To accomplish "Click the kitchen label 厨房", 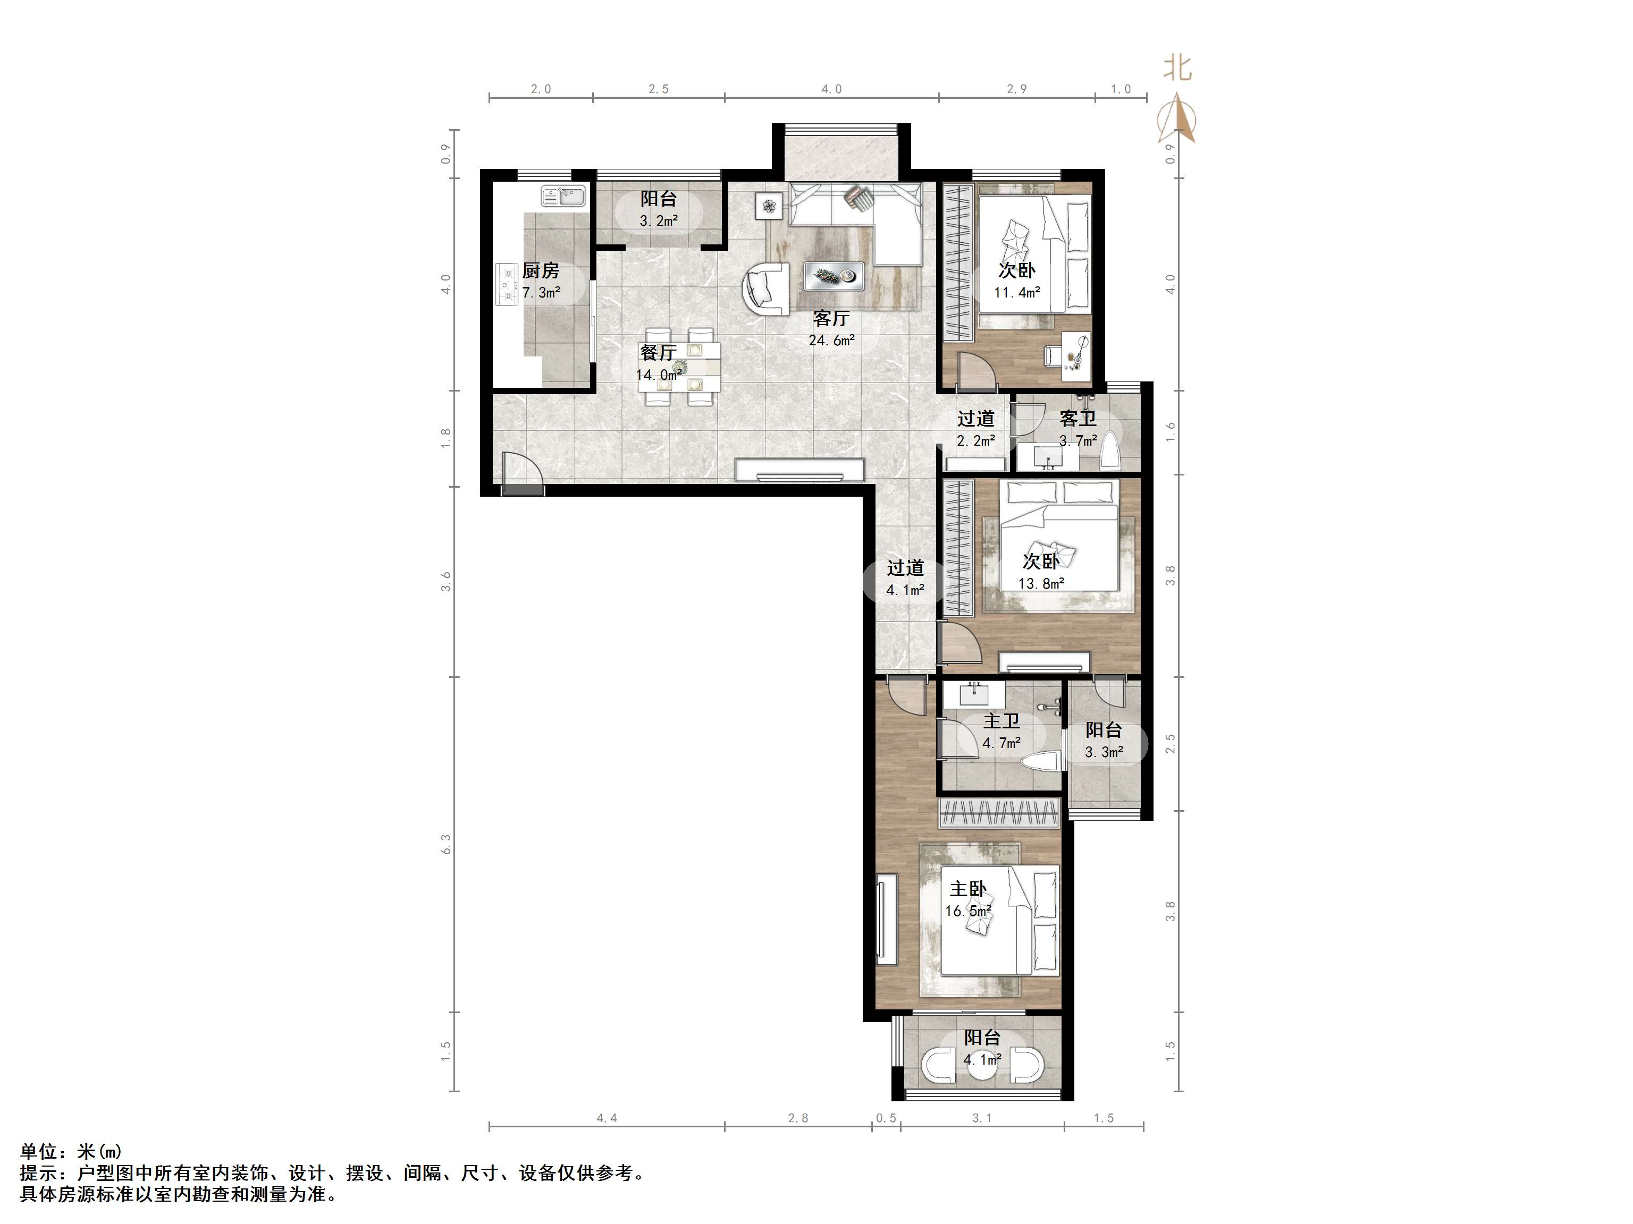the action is [541, 271].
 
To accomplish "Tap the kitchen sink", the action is [563, 196].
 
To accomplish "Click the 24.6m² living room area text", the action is [831, 340].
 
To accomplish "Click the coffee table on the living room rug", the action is [834, 276].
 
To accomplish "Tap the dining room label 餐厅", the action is [659, 353].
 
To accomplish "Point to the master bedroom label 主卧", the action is [968, 889].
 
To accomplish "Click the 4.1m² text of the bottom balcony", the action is [982, 1059].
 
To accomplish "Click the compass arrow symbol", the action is [1177, 120].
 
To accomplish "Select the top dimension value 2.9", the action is [1016, 89].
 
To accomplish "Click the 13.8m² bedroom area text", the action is [1041, 583].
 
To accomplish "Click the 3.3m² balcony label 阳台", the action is [1104, 730].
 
